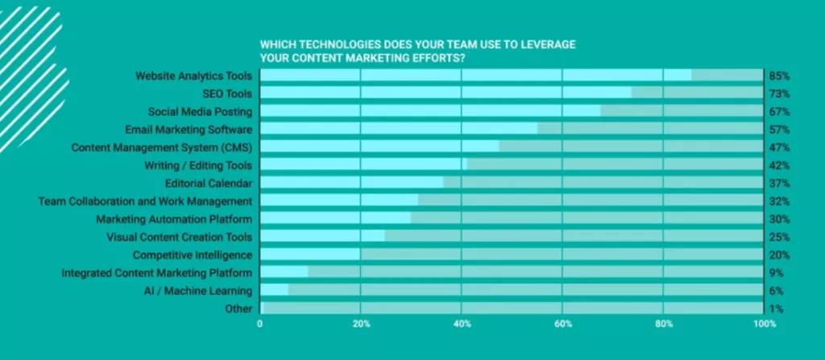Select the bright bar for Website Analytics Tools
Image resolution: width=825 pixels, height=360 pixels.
click(475, 76)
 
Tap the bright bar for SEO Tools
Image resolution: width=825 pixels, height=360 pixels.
click(446, 93)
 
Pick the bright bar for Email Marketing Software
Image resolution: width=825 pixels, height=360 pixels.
click(399, 129)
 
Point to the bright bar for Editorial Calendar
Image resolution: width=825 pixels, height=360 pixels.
click(351, 183)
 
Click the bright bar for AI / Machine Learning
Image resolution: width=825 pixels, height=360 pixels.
click(274, 290)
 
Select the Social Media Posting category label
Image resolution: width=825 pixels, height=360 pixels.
click(200, 111)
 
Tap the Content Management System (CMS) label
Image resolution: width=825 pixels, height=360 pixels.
click(161, 147)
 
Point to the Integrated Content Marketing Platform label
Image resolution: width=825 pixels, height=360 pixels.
click(157, 273)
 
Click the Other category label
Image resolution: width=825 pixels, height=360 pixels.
click(238, 308)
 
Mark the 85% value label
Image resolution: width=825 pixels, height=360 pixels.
click(779, 76)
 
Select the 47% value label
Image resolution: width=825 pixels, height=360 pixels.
click(779, 147)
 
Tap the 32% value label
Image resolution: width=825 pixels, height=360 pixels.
click(779, 201)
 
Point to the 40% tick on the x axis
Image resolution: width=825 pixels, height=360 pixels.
click(461, 324)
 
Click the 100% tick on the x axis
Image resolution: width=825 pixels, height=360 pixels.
click(764, 324)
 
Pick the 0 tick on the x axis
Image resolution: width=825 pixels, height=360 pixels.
click(259, 324)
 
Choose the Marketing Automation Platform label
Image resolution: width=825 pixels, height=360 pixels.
click(174, 219)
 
